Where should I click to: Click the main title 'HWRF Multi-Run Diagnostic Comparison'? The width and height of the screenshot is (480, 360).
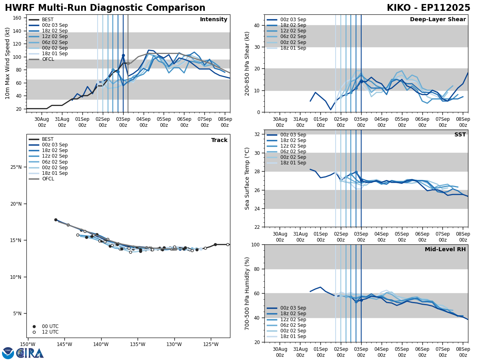[x=105, y=8]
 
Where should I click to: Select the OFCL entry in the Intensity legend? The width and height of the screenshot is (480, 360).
[x=48, y=59]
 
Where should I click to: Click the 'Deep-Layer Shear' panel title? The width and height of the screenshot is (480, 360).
[x=438, y=20]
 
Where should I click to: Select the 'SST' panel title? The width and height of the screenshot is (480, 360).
[x=460, y=135]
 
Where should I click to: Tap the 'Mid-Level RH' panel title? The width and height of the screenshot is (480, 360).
[x=445, y=250]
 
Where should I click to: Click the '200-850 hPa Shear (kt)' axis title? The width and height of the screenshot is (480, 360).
[x=248, y=63]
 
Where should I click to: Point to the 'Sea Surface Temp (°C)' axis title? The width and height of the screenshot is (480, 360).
[x=248, y=178]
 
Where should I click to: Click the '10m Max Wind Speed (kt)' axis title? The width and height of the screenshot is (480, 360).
[x=8, y=63]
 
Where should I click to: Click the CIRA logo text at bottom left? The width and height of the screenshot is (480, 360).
[x=30, y=353]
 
